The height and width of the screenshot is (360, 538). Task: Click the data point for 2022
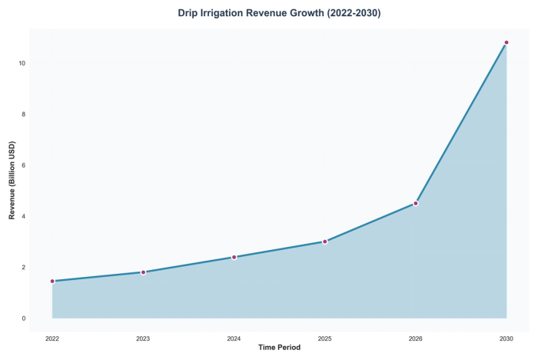tap(52, 281)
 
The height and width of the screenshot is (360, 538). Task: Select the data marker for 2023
tap(143, 272)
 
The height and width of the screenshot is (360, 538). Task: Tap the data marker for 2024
tap(234, 257)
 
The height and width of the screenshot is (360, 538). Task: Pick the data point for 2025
tap(325, 242)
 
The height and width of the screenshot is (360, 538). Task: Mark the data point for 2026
tap(416, 203)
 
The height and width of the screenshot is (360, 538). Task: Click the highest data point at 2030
tap(506, 42)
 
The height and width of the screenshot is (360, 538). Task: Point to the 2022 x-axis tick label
tap(52, 338)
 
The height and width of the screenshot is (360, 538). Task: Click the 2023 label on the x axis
tap(143, 338)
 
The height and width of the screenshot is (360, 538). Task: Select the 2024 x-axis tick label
tap(234, 338)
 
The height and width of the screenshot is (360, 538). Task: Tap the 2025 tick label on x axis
tap(325, 338)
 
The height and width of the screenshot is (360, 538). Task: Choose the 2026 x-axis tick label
tap(416, 338)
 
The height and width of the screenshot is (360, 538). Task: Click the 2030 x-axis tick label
tap(506, 338)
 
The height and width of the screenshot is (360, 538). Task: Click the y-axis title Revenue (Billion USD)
tap(12, 181)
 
